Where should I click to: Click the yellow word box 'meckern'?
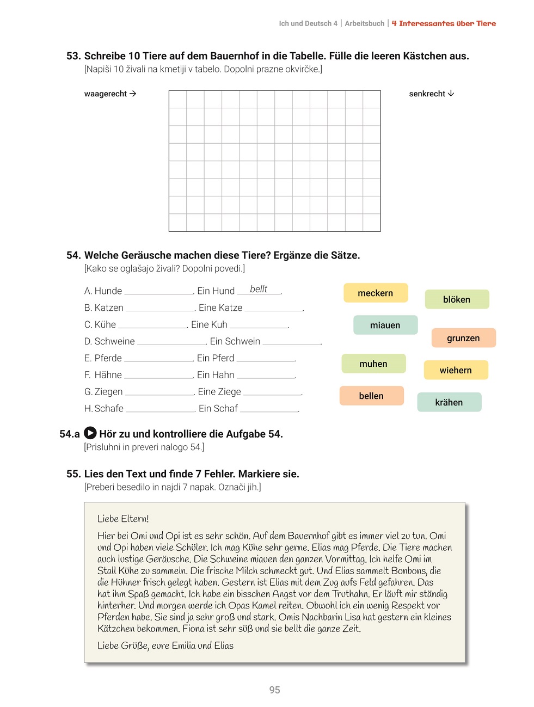375,293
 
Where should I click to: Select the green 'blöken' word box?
457,299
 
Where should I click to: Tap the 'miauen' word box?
385,325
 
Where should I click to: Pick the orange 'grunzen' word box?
463,338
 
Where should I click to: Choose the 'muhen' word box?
373,364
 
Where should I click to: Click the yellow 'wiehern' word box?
456,370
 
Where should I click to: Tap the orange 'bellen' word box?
371,396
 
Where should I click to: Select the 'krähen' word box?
449,402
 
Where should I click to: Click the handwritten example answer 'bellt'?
259,289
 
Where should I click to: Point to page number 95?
274,690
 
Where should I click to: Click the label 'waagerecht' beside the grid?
106,94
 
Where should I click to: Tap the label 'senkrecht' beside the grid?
427,94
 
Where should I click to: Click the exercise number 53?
73,56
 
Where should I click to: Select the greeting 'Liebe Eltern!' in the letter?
123,519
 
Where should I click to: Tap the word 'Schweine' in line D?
114,341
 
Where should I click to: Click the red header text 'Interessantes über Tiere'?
447,23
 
